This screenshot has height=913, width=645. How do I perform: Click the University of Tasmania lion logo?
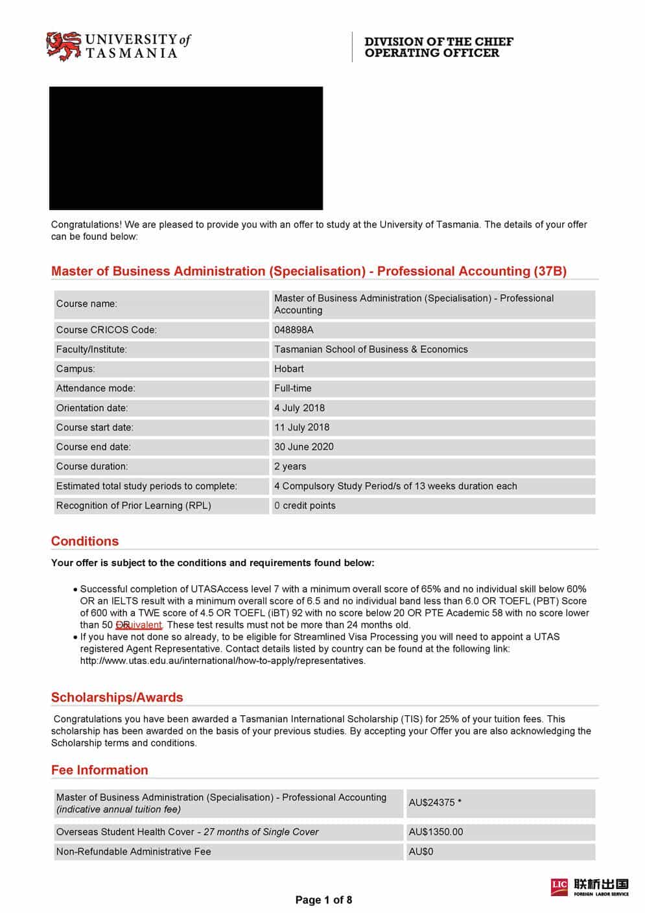pyautogui.click(x=63, y=46)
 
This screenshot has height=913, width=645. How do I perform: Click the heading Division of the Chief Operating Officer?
pyautogui.click(x=438, y=47)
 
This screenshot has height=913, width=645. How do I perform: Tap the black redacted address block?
pyautogui.click(x=186, y=148)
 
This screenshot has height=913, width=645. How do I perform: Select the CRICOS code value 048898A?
pyautogui.click(x=294, y=329)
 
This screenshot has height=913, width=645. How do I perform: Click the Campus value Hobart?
pyautogui.click(x=288, y=368)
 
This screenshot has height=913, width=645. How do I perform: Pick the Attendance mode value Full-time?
pyautogui.click(x=292, y=388)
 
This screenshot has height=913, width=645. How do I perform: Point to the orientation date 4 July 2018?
pyautogui.click(x=299, y=407)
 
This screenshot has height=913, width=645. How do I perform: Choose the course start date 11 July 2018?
pyautogui.click(x=301, y=427)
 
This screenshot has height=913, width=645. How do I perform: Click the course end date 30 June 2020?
pyautogui.click(x=303, y=446)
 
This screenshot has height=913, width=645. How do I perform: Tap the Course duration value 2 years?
pyautogui.click(x=290, y=466)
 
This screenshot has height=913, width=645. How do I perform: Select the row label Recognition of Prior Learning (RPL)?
pyautogui.click(x=134, y=505)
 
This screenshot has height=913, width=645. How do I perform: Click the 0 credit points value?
pyautogui.click(x=305, y=505)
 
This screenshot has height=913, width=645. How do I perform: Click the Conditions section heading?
pyautogui.click(x=85, y=541)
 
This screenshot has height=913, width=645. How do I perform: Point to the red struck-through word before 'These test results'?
pyautogui.click(x=138, y=624)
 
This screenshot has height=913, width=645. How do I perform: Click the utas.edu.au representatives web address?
pyautogui.click(x=222, y=660)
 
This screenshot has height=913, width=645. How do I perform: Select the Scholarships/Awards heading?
pyautogui.click(x=117, y=697)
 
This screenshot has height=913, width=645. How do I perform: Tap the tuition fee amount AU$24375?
pyautogui.click(x=432, y=802)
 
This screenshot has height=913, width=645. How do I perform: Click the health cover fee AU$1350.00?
pyautogui.click(x=436, y=831)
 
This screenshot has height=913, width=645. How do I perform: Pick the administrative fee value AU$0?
pyautogui.click(x=421, y=851)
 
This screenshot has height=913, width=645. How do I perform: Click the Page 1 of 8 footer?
pyautogui.click(x=323, y=899)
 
